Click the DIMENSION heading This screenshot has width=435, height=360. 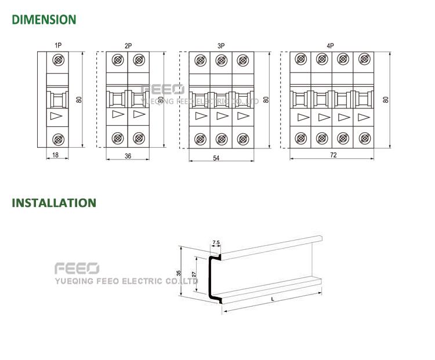(x=44, y=20)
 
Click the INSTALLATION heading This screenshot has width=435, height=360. (x=54, y=203)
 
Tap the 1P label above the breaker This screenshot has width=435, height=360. (x=58, y=45)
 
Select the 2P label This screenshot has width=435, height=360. (x=128, y=46)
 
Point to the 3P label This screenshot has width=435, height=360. (x=221, y=46)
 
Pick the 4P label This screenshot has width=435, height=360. (x=330, y=45)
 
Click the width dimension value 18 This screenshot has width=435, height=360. (x=56, y=155)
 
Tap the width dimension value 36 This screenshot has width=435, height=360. (x=128, y=156)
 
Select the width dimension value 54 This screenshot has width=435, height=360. (x=216, y=158)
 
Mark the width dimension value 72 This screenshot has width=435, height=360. (x=333, y=155)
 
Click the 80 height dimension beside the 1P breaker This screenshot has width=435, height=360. (x=79, y=100)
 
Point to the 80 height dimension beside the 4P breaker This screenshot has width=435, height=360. (x=386, y=100)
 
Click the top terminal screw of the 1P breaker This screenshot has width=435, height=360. (x=58, y=60)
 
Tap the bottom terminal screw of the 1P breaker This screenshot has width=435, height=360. (x=58, y=139)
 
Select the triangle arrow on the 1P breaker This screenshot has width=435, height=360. (x=56, y=116)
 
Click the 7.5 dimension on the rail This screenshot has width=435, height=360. (x=216, y=242)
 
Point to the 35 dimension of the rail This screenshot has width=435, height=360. (x=179, y=273)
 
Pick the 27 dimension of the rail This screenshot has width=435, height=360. (x=194, y=274)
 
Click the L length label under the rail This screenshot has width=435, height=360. (x=273, y=299)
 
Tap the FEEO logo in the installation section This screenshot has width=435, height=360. (x=77, y=268)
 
